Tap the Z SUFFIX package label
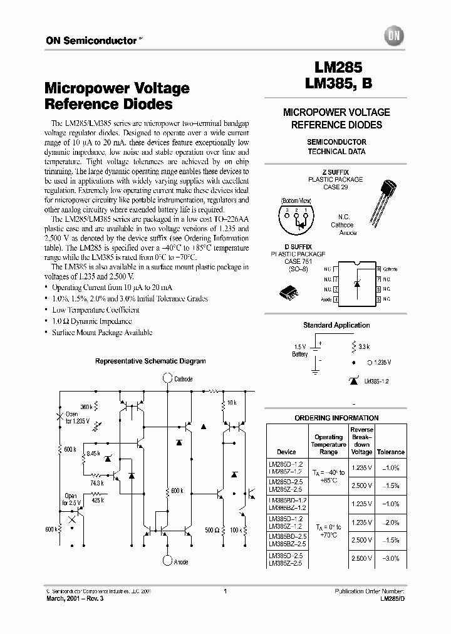point(336,172)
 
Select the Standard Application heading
point(336,325)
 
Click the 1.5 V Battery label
point(300,350)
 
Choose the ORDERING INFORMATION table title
point(336,418)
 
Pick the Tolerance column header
point(390,452)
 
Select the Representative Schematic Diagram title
point(150,361)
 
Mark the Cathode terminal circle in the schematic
point(167,378)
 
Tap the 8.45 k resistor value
point(93,452)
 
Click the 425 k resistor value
point(96,500)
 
